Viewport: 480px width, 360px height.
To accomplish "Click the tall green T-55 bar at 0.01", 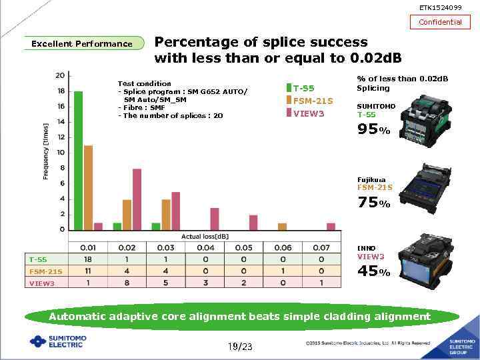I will click(x=78, y=160).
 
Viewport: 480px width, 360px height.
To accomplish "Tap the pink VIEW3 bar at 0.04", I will click(x=215, y=219).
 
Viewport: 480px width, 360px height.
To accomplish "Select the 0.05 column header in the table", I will click(x=243, y=247).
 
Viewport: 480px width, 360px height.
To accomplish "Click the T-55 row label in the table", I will click(x=38, y=259).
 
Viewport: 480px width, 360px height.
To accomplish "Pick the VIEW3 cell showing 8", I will click(x=127, y=283).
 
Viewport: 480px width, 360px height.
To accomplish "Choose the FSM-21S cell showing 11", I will click(x=88, y=271).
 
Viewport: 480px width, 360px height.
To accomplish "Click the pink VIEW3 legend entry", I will click(x=305, y=113).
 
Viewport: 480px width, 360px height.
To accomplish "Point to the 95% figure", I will click(x=373, y=130).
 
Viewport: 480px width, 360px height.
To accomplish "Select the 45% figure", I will click(x=373, y=271).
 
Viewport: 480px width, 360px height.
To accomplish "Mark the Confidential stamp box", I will click(x=440, y=22).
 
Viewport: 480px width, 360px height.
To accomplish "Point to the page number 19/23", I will click(x=240, y=347).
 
